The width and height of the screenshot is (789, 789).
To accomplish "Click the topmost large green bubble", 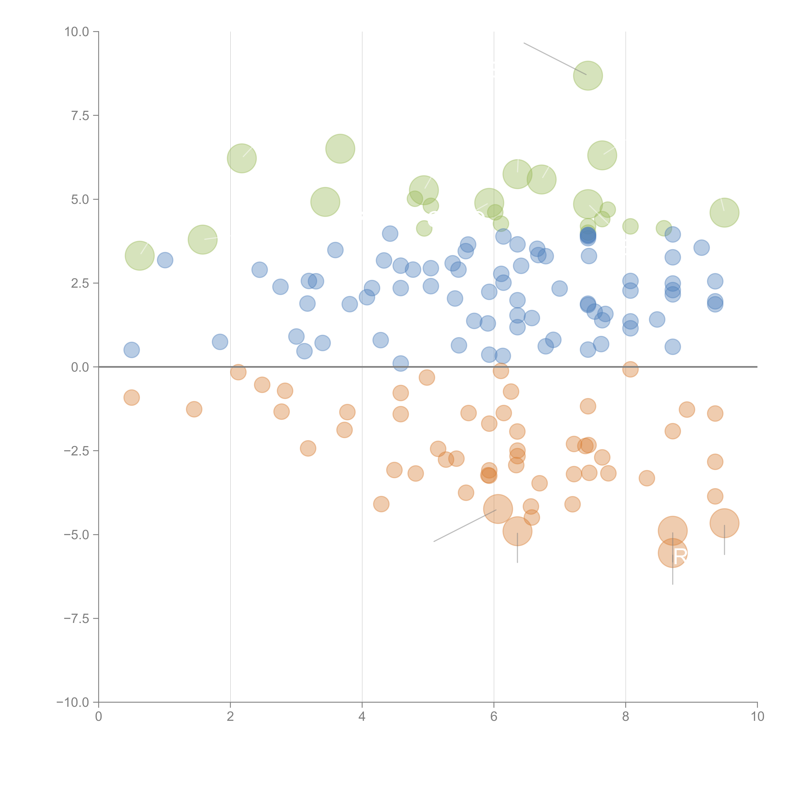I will click(x=588, y=76).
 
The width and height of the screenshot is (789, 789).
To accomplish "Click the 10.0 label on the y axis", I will click(x=77, y=32).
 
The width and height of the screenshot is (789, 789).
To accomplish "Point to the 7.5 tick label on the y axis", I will click(x=80, y=116).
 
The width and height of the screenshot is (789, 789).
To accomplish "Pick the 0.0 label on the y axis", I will click(x=80, y=367).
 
